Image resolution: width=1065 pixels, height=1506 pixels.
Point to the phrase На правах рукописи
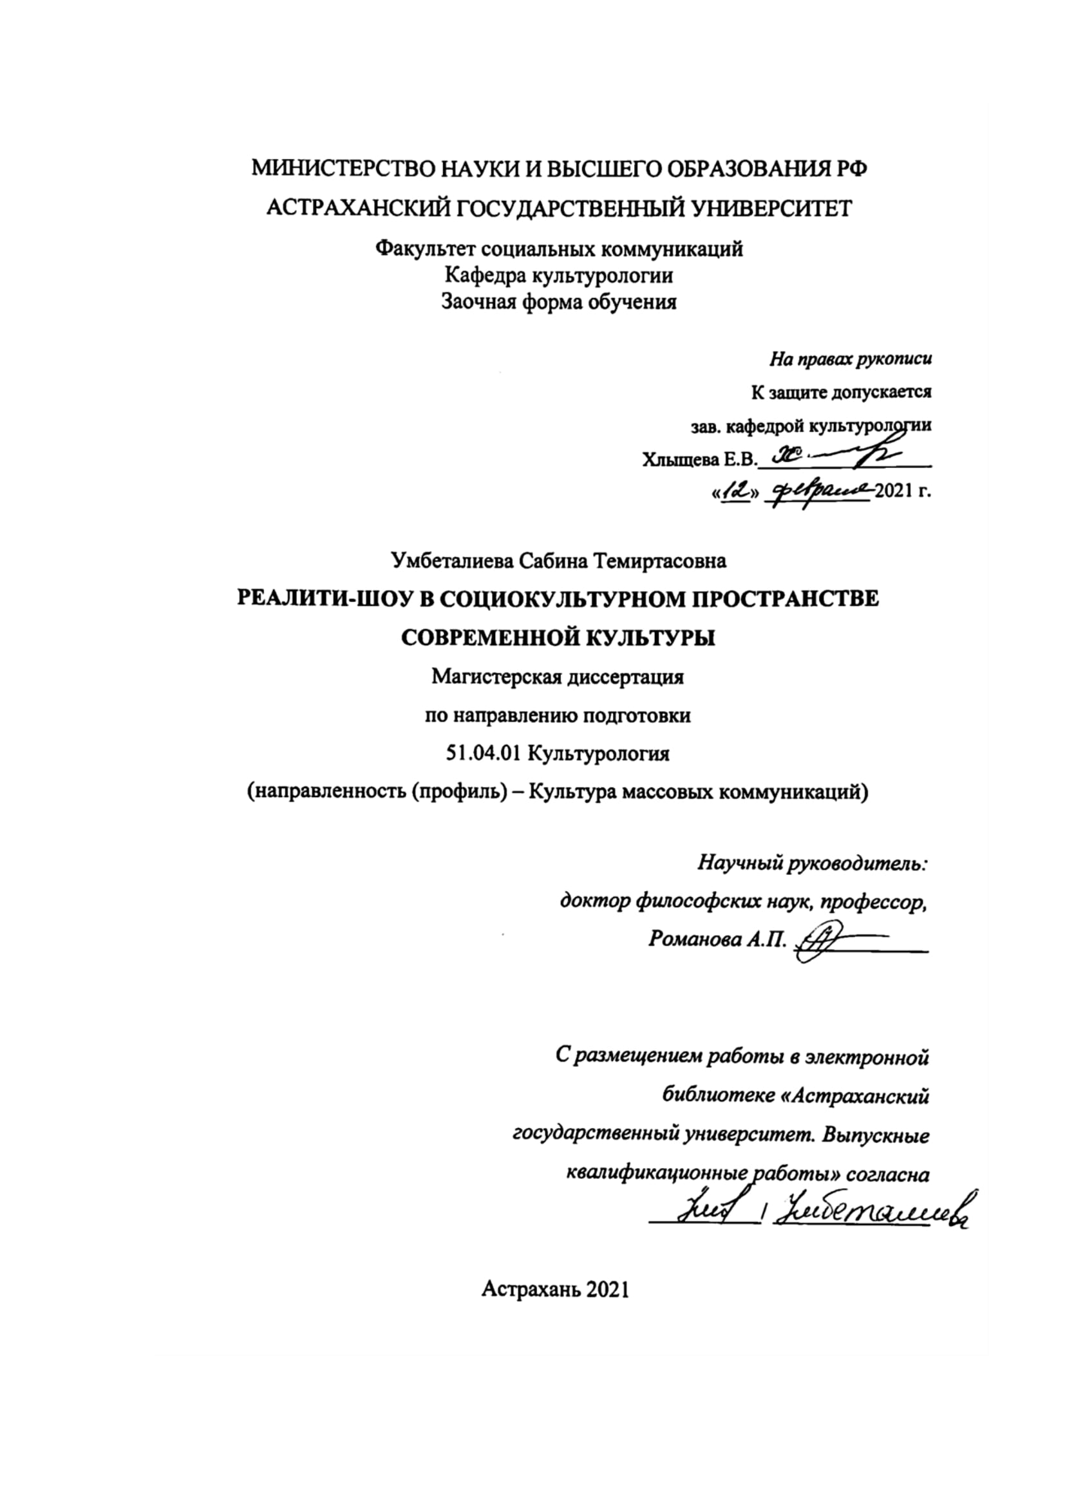point(851,359)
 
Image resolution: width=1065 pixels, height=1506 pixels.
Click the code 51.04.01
point(484,754)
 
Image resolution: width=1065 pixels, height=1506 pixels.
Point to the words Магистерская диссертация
point(558,676)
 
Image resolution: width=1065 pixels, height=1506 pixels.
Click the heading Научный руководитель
point(813,863)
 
